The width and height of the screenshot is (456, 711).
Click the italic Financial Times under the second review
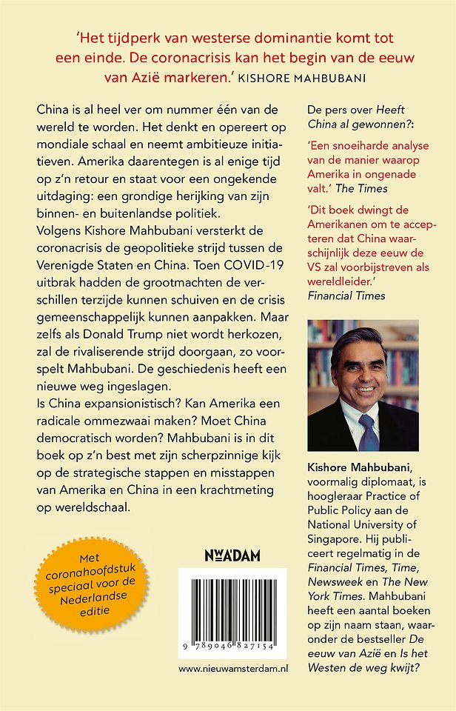tap(346, 295)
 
